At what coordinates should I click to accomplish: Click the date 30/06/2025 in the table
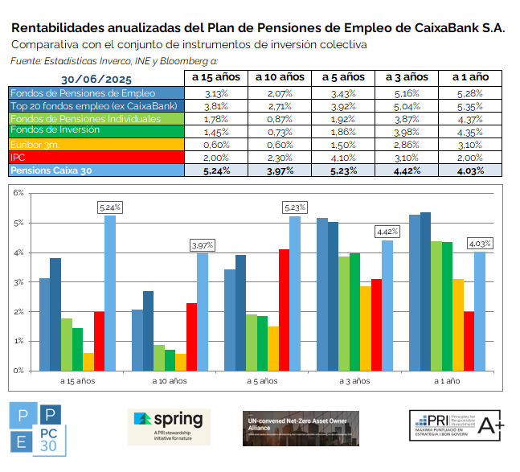96,79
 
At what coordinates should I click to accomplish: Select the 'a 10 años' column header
280,77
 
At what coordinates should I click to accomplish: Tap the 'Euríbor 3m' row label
31,144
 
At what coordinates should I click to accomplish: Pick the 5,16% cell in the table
407,93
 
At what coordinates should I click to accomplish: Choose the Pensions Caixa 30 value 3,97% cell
280,170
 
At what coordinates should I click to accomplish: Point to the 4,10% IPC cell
343,158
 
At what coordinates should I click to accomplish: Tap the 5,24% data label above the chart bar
110,207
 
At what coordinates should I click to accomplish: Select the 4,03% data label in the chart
481,243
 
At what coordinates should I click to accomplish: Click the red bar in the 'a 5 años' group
284,310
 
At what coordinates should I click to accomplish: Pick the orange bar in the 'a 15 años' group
88,361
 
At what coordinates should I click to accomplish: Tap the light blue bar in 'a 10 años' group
203,311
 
